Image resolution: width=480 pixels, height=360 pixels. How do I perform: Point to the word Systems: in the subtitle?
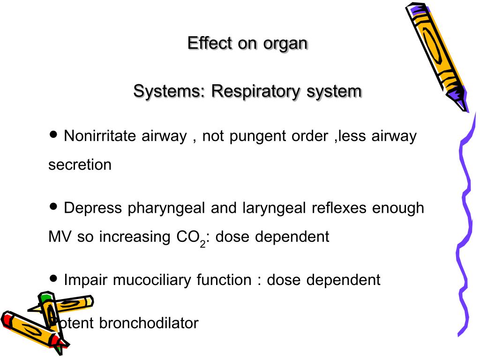point(169,91)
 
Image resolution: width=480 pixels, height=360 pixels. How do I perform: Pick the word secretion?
point(80,165)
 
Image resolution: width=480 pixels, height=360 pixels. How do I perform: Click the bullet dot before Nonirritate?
point(53,135)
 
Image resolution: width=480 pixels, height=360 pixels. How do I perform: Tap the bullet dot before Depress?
point(53,206)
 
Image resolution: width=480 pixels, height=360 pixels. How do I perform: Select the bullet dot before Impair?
point(53,278)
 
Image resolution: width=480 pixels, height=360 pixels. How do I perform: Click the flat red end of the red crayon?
point(7,319)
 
